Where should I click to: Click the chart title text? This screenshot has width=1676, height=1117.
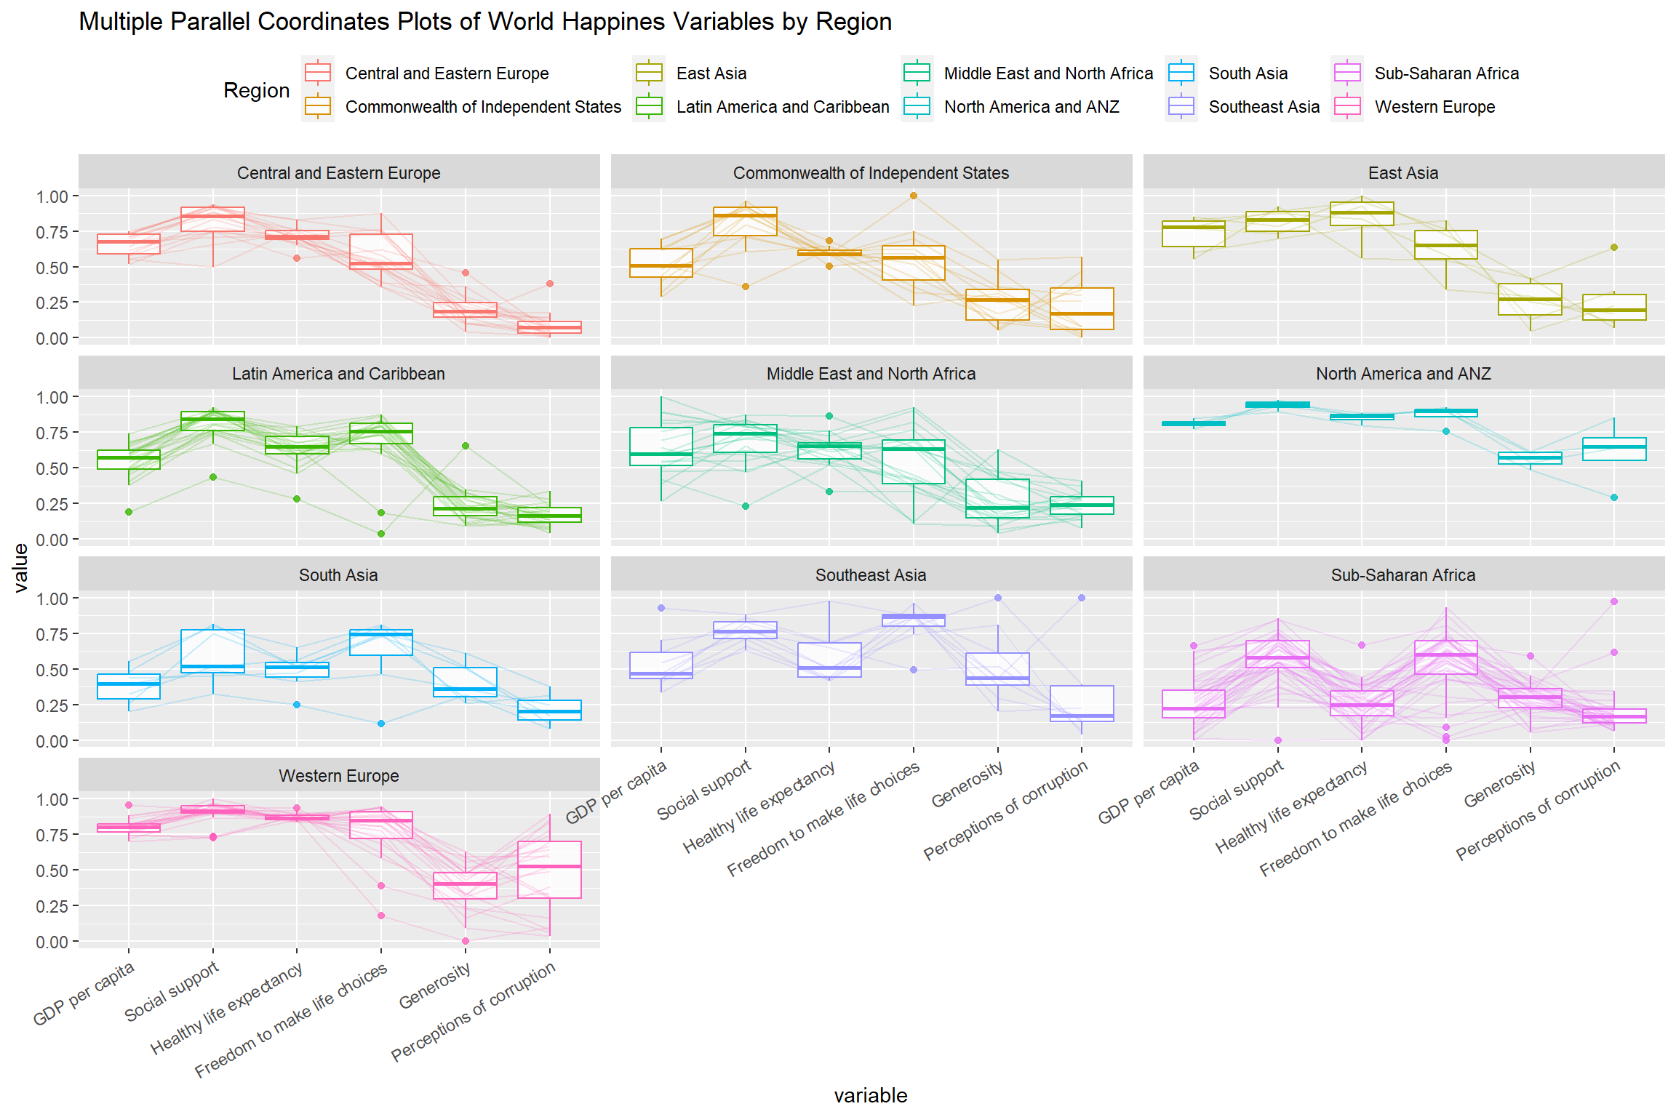pyautogui.click(x=485, y=22)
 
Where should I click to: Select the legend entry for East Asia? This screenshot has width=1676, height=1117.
pyautogui.click(x=711, y=73)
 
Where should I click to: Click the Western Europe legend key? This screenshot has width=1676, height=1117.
pyautogui.click(x=1347, y=107)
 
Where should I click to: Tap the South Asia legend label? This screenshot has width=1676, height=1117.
pyautogui.click(x=1248, y=73)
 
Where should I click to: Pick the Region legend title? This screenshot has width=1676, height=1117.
pyautogui.click(x=256, y=90)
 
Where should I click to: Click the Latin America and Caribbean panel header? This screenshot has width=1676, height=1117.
pyautogui.click(x=338, y=374)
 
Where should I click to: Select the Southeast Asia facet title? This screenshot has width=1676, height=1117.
pyautogui.click(x=871, y=575)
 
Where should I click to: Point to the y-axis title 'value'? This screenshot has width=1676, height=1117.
pyautogui.click(x=20, y=568)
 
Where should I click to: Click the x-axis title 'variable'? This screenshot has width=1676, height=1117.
pyautogui.click(x=871, y=1095)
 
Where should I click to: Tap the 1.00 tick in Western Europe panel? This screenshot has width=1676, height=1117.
pyautogui.click(x=52, y=799)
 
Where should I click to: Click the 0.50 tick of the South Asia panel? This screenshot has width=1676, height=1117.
pyautogui.click(x=52, y=670)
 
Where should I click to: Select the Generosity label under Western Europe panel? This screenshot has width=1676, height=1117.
pyautogui.click(x=435, y=986)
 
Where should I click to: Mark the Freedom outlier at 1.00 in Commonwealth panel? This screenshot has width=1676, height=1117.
pyautogui.click(x=914, y=196)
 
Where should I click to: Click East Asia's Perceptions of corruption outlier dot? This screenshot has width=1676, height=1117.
pyautogui.click(x=1614, y=247)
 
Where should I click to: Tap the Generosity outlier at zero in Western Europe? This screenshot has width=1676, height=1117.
pyautogui.click(x=466, y=941)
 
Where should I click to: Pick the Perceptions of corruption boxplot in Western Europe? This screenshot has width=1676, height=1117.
pyautogui.click(x=549, y=869)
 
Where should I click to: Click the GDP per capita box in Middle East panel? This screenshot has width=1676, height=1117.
pyautogui.click(x=661, y=446)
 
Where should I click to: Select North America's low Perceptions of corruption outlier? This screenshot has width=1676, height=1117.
pyautogui.click(x=1614, y=497)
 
